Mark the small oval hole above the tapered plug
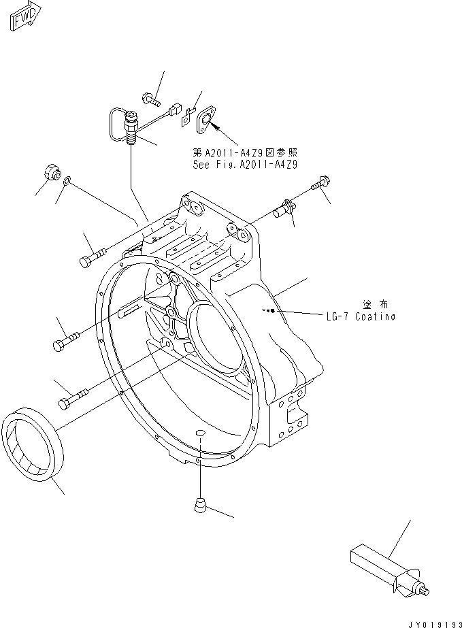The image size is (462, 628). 199,433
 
